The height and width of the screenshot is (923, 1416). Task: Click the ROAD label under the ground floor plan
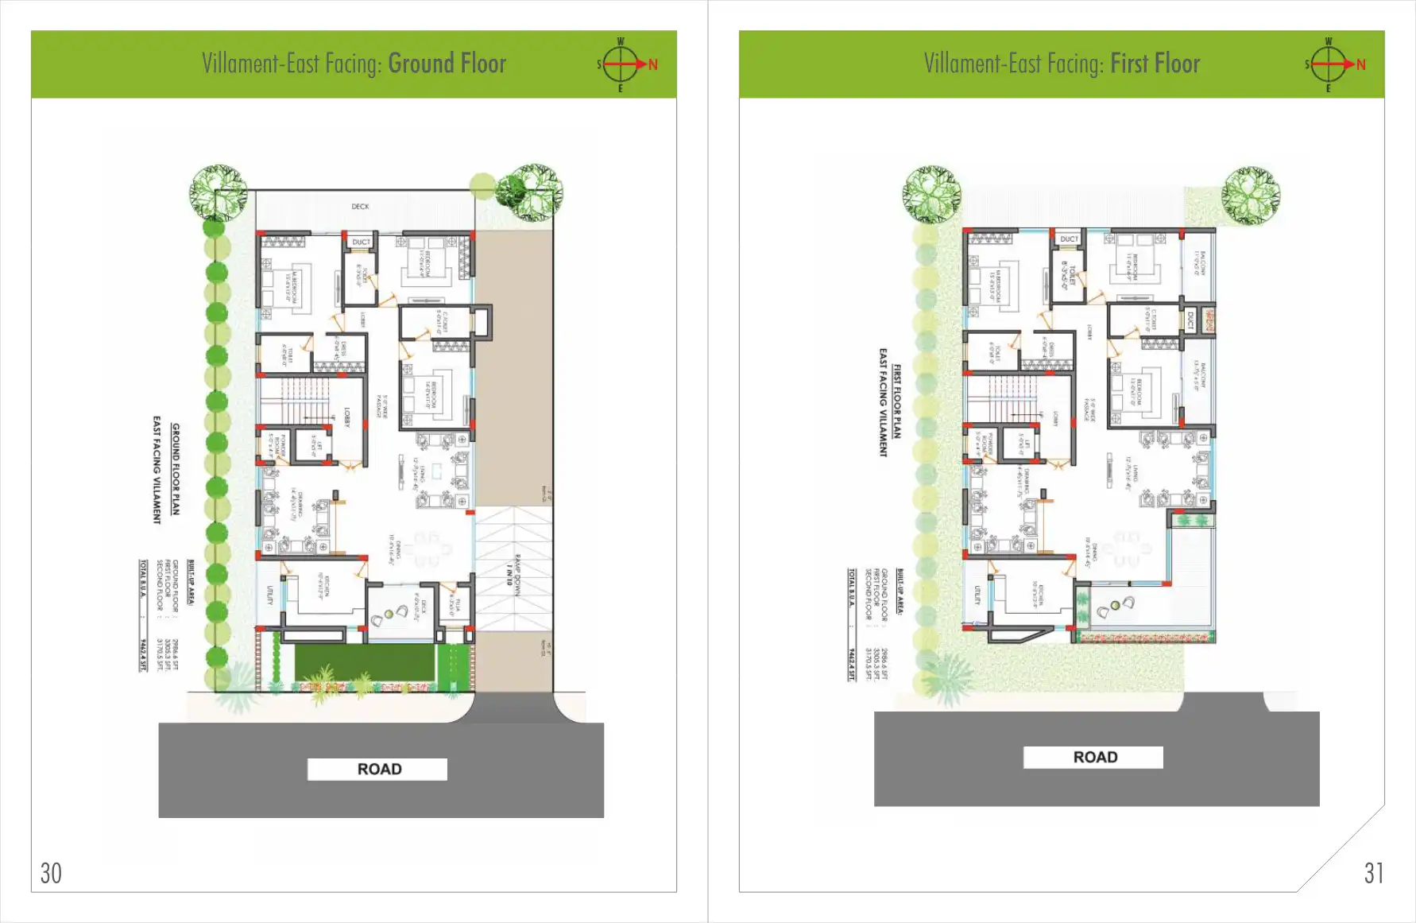[378, 769]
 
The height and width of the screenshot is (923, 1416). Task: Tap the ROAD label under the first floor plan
[1094, 757]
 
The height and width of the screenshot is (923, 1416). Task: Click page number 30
[51, 873]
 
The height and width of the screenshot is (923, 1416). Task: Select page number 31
[1373, 873]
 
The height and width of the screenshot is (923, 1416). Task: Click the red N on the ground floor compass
[652, 64]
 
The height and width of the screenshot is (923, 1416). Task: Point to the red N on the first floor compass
[1360, 64]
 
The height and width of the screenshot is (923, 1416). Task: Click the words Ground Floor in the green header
[447, 64]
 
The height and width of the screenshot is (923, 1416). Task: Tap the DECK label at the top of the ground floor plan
[360, 207]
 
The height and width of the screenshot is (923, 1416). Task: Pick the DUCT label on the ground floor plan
[361, 242]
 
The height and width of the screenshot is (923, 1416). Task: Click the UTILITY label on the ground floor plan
[270, 595]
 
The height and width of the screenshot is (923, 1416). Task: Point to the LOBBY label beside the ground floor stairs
[346, 417]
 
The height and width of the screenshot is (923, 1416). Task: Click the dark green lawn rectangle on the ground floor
[364, 662]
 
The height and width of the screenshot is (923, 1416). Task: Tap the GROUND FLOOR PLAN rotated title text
[176, 469]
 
